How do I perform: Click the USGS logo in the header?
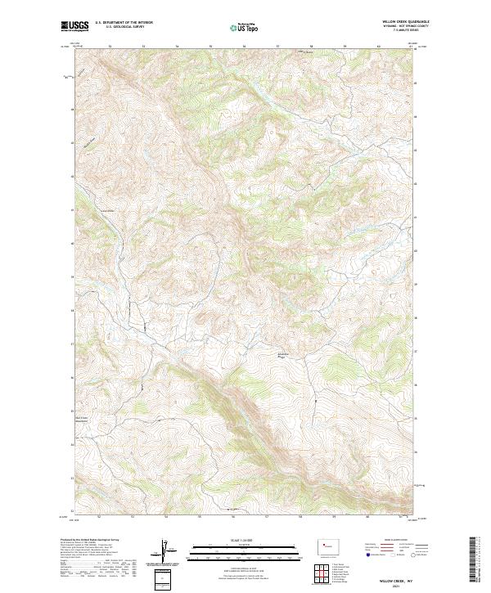coord(74,26)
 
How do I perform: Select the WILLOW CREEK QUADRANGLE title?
coord(407,22)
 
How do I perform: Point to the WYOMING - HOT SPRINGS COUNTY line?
coord(407,26)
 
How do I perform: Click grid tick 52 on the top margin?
coord(110,47)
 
